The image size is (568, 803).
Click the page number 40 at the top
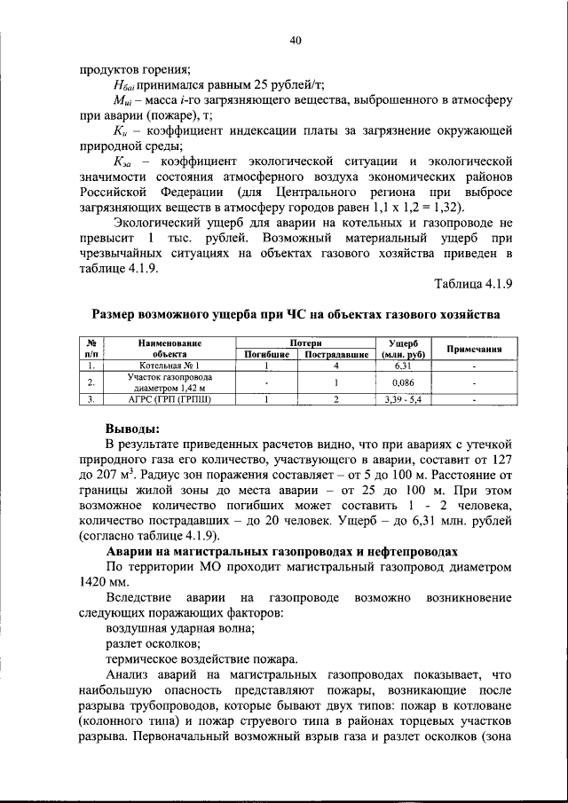coord(296,40)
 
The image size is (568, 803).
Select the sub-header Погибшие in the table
coord(267,354)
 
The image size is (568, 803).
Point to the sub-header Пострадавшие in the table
coord(336,354)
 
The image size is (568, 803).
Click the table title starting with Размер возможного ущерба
coord(296,314)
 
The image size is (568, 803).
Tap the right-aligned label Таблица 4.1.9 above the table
coord(474,283)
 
